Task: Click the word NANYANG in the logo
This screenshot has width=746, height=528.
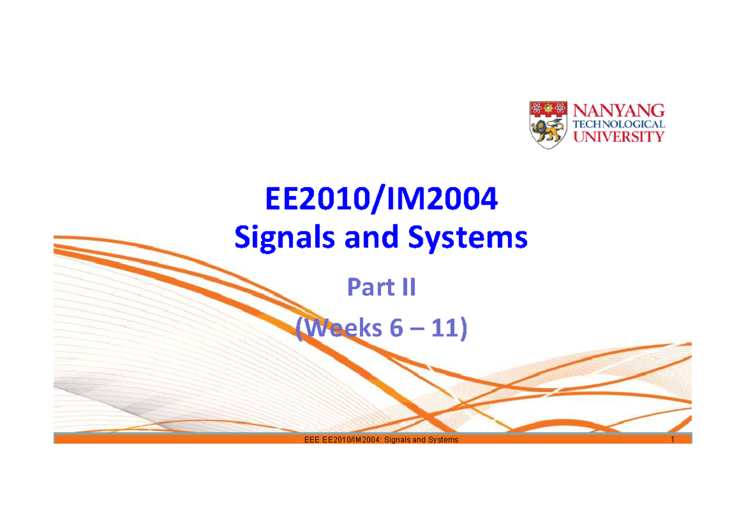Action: point(618,111)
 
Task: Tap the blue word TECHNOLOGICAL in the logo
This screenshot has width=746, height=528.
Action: point(618,124)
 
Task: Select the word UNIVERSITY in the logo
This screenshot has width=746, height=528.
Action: point(618,137)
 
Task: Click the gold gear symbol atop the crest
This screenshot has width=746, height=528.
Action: point(548,109)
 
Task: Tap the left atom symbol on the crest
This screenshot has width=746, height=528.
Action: point(535,109)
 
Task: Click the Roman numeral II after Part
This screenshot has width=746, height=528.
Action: point(405,288)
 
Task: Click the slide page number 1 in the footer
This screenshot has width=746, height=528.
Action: point(673,440)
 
